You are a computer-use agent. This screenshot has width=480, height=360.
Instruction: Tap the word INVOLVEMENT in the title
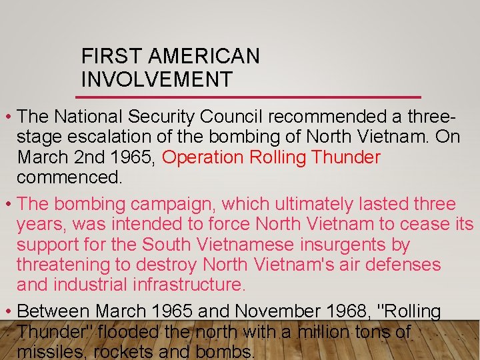coord(157,79)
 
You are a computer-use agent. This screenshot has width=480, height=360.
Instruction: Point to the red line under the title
coord(251,97)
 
